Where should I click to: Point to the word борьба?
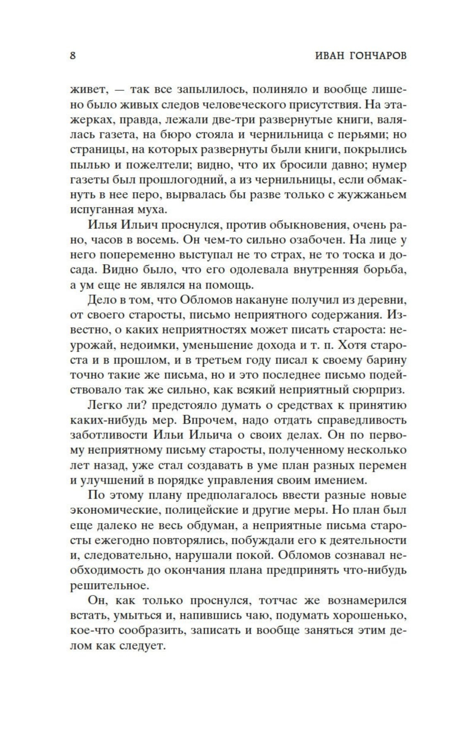pos(384,270)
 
